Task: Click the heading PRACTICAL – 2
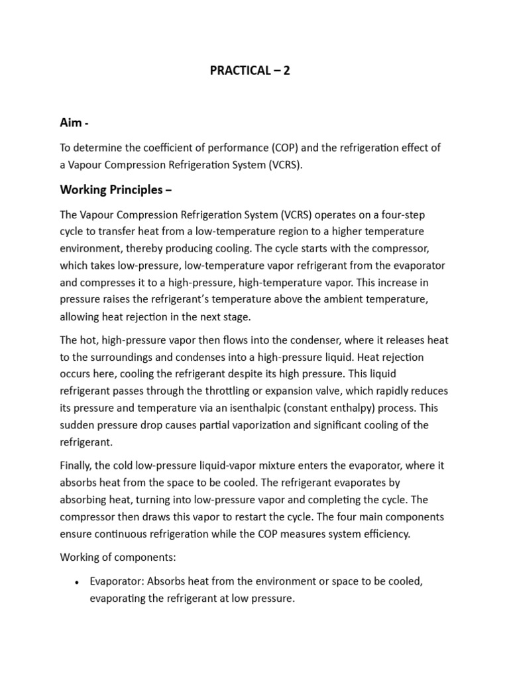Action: pyautogui.click(x=249, y=70)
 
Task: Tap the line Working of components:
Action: pyautogui.click(x=118, y=557)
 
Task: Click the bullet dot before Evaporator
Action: pyautogui.click(x=77, y=582)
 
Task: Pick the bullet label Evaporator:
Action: pyautogui.click(x=117, y=581)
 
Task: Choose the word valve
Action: pyautogui.click(x=341, y=391)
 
